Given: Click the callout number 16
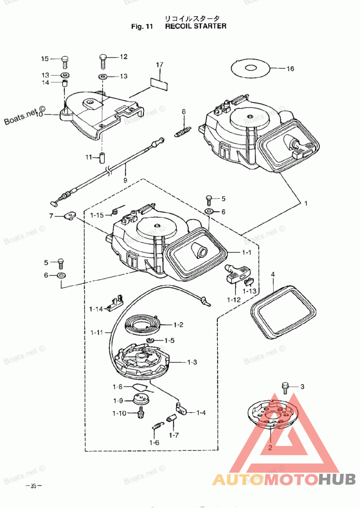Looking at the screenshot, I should (x=290, y=69).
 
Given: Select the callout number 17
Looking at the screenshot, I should (x=159, y=65).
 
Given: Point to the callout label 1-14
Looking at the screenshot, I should (x=96, y=309).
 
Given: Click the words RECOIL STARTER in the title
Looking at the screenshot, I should (x=196, y=26).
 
